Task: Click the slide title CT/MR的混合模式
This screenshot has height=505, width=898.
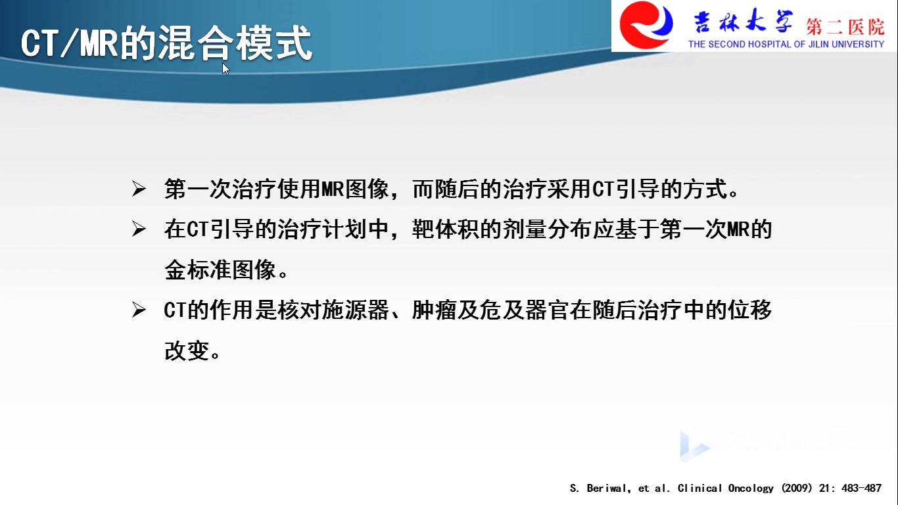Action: point(166,43)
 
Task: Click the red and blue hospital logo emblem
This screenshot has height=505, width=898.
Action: point(646,25)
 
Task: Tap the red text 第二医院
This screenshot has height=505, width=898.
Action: point(845,27)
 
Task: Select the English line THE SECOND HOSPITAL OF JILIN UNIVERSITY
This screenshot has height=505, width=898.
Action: point(786,44)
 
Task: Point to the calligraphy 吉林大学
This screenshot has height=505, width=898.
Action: point(744,21)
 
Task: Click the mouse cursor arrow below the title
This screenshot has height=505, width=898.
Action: point(226,68)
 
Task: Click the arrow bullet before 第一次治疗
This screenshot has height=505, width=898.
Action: point(139,189)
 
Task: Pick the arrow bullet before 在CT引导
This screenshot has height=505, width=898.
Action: point(139,229)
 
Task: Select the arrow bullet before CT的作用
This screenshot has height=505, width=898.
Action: point(139,310)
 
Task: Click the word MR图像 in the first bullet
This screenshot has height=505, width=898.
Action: point(355,189)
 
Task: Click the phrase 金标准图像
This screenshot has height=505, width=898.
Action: point(220,270)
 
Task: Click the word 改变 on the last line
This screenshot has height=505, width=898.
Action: point(187,350)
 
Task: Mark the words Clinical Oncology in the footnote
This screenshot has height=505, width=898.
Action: point(725,488)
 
